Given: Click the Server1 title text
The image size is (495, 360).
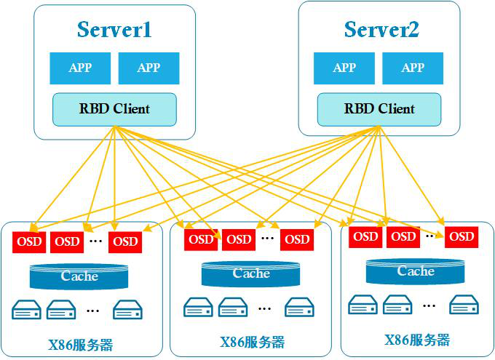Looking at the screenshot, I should [x=114, y=30].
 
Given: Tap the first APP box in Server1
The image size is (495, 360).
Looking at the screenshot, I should [x=80, y=68].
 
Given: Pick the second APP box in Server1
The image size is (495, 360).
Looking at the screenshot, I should [x=148, y=68].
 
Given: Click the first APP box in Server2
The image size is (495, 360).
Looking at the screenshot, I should [x=344, y=68].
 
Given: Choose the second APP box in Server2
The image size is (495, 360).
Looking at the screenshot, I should [x=413, y=68].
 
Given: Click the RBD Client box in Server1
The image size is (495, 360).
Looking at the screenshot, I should [x=114, y=109].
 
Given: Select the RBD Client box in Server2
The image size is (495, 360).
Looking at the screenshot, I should [x=379, y=109].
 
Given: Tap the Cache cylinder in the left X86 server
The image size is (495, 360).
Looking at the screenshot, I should [x=79, y=276].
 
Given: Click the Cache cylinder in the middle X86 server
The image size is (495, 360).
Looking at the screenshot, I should [x=251, y=274].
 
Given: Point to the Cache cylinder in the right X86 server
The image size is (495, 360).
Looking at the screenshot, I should [x=416, y=272].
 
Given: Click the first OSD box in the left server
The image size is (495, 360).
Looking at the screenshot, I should [x=29, y=241].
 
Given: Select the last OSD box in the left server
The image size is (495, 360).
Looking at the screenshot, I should [x=125, y=241].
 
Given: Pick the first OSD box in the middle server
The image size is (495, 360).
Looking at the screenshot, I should [x=201, y=239].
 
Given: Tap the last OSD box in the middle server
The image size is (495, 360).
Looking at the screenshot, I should [x=296, y=239].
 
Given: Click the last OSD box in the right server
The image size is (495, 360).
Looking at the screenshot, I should [x=461, y=236].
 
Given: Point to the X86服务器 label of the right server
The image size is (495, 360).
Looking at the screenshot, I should [x=417, y=340].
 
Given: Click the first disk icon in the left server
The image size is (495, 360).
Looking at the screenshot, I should [x=27, y=311].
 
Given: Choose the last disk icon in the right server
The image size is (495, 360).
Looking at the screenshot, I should [x=464, y=304].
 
